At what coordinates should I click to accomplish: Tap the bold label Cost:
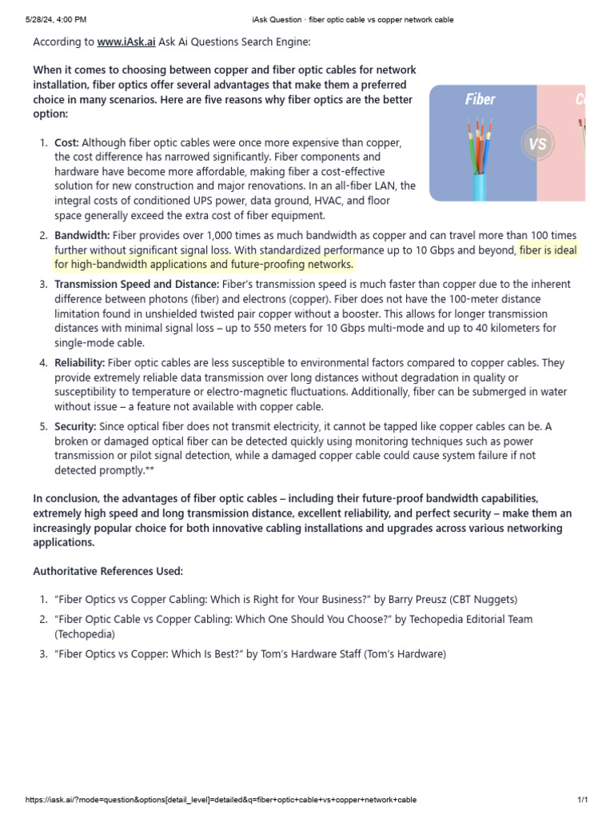(x=67, y=142)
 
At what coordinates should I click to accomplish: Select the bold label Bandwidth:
(x=82, y=235)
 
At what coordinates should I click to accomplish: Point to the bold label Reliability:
(x=79, y=363)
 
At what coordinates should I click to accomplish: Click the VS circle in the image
(x=537, y=145)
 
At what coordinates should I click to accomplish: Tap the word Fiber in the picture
(x=480, y=100)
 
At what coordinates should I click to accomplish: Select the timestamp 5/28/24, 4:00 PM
(x=44, y=19)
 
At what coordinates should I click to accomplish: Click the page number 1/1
(x=582, y=800)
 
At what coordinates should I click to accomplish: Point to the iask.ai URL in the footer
(x=221, y=800)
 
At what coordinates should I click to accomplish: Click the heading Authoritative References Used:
(x=108, y=571)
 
